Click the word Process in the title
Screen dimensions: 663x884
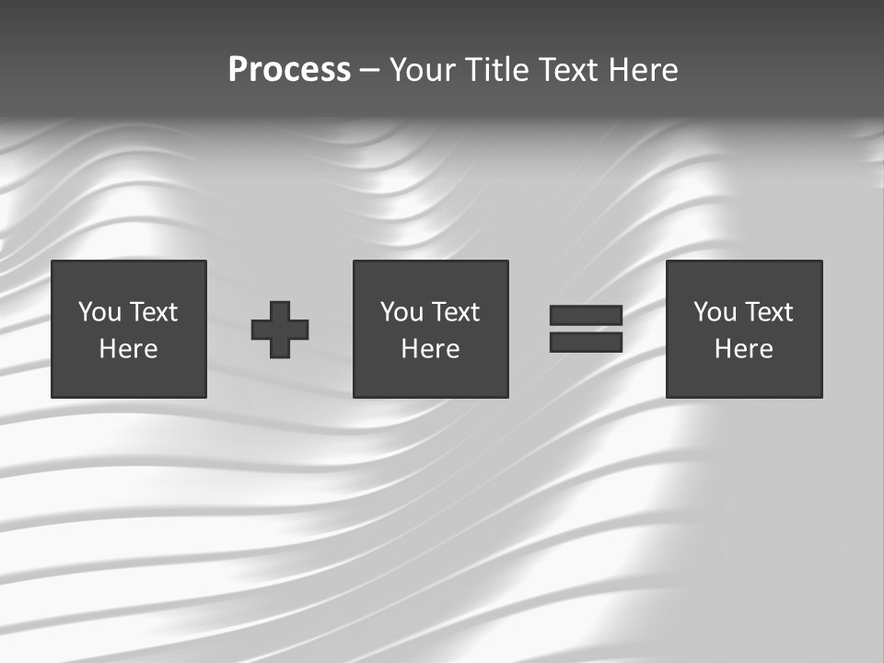(x=289, y=70)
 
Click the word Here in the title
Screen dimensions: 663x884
(x=642, y=70)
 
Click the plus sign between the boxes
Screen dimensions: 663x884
(x=280, y=330)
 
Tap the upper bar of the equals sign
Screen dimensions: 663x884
(x=586, y=316)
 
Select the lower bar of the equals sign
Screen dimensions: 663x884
(x=586, y=343)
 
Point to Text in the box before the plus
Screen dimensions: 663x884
(x=153, y=313)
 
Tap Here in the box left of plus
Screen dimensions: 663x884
(x=128, y=349)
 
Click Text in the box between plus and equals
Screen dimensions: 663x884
(x=455, y=313)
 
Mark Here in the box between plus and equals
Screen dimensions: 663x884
(x=430, y=349)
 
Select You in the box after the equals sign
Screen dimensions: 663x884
(x=715, y=313)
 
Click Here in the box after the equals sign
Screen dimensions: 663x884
(x=743, y=349)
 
